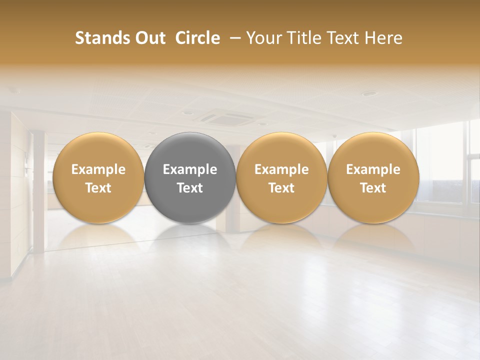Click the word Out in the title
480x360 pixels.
[149, 38]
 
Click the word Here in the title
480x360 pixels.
[384, 38]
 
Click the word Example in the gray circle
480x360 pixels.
[190, 169]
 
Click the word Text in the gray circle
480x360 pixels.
[190, 188]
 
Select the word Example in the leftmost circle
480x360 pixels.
[98, 169]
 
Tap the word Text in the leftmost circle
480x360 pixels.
[98, 188]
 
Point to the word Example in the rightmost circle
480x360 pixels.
[373, 169]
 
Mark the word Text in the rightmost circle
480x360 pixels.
[373, 188]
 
